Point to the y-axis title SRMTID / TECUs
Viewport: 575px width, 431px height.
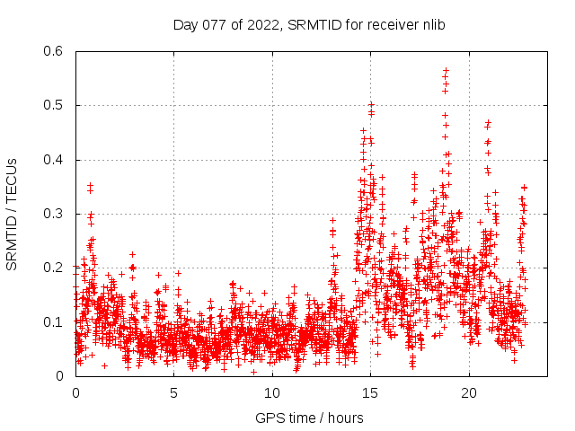12,214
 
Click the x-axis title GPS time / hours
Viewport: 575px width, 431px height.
309,418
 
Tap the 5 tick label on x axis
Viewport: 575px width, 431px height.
173,393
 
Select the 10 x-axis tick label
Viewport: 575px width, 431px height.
272,393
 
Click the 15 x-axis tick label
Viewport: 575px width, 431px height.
371,393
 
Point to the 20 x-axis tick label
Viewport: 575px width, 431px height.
469,393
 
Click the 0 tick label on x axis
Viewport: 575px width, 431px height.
75,393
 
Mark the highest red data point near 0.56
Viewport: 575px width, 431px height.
446,70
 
